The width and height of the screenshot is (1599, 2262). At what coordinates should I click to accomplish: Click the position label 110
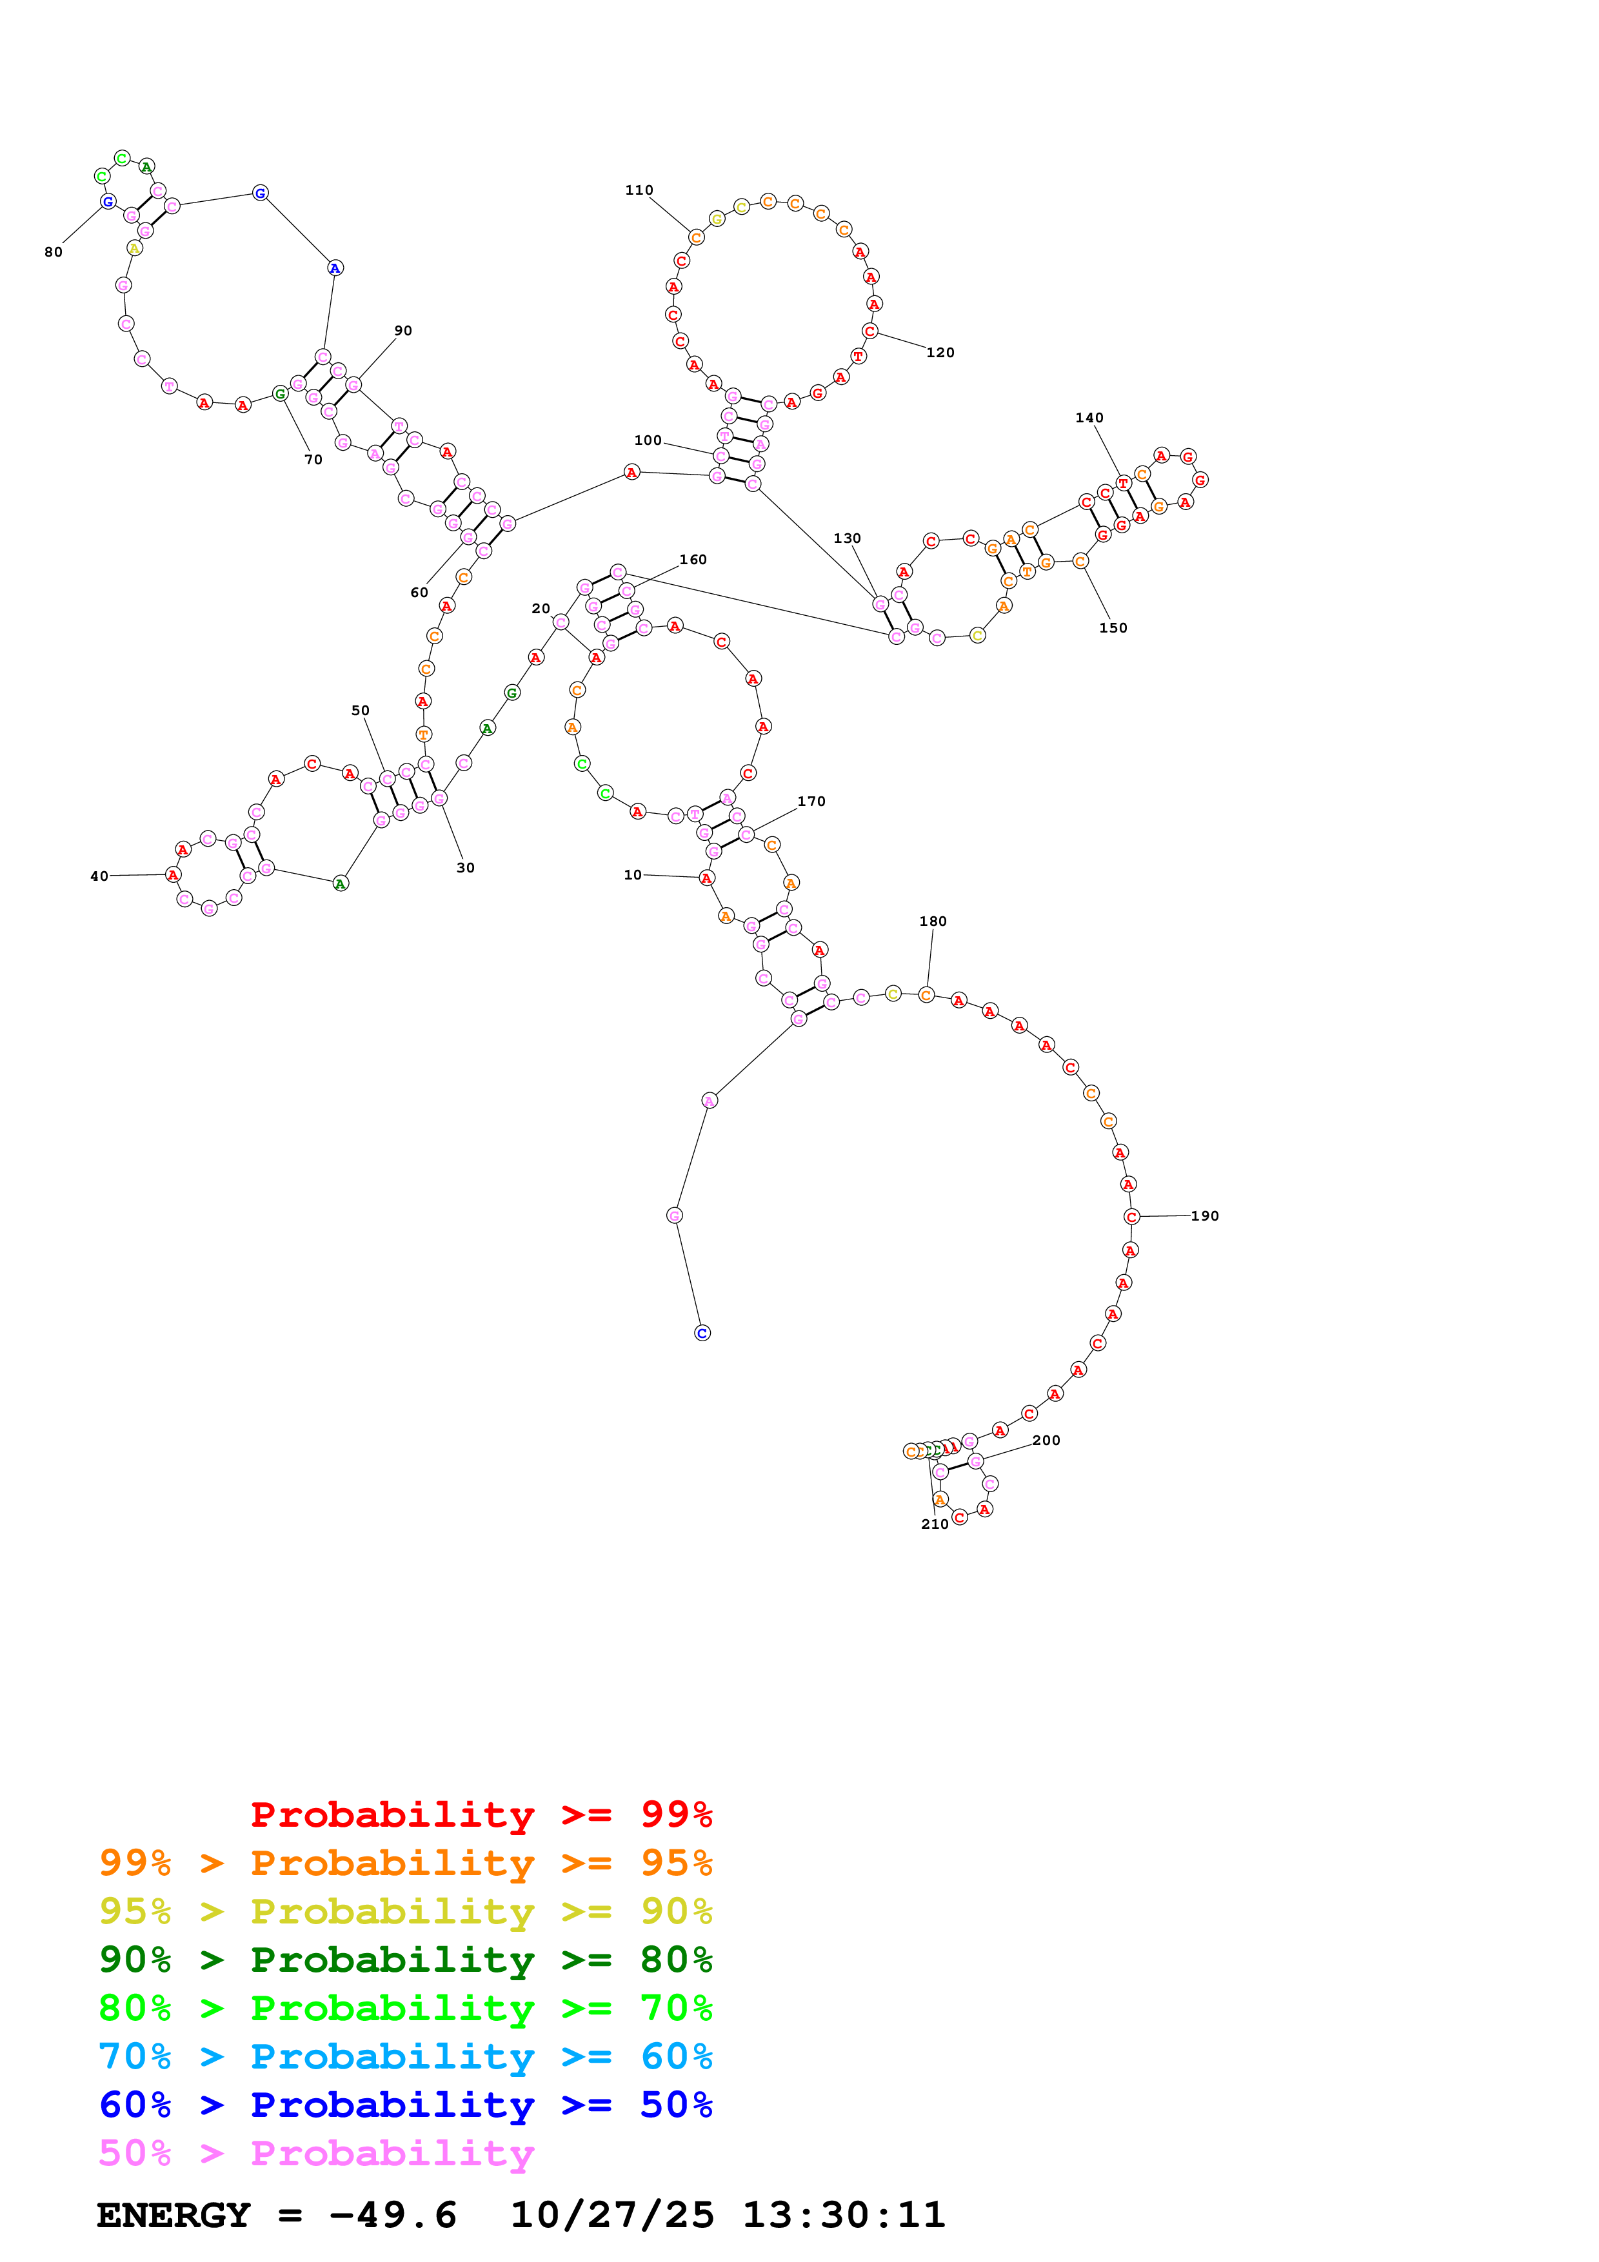click(x=639, y=190)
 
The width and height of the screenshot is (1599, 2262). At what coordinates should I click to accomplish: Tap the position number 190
click(x=1204, y=1215)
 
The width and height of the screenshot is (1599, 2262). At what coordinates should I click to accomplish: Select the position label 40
click(x=99, y=876)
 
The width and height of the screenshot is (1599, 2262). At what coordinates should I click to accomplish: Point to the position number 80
click(x=53, y=252)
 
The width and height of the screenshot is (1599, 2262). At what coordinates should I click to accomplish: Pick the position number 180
click(x=932, y=921)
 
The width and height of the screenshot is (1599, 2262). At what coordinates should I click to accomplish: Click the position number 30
click(x=465, y=868)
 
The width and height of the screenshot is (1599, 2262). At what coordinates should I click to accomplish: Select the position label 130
click(x=846, y=538)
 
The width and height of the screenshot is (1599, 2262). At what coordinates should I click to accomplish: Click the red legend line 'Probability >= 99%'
click(x=481, y=1814)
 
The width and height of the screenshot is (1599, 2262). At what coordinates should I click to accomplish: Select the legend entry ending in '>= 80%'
click(x=405, y=1960)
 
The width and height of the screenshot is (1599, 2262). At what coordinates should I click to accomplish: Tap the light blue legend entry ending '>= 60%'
click(x=405, y=2056)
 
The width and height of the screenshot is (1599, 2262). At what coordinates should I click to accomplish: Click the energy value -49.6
click(x=392, y=2215)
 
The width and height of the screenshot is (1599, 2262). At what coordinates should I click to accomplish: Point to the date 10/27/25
click(x=612, y=2215)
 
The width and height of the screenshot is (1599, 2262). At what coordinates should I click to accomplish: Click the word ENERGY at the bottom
click(x=174, y=2215)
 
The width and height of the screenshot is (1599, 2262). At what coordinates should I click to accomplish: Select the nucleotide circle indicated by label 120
click(x=869, y=331)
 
